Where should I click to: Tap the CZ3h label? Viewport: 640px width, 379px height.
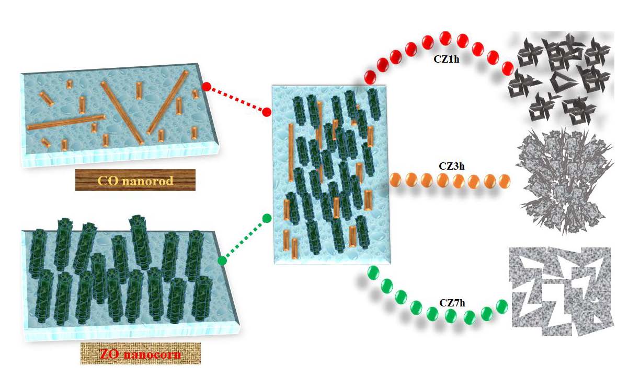pos(451,167)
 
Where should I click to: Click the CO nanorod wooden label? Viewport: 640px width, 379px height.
pos(135,180)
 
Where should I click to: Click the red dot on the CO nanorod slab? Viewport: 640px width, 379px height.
pos(206,87)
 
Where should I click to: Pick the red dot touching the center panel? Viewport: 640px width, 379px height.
pos(267,112)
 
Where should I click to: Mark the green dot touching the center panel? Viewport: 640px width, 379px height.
pos(267,218)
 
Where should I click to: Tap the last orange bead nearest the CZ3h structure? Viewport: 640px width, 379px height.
pos(504,181)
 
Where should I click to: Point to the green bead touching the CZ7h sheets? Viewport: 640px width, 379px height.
pos(501,305)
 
